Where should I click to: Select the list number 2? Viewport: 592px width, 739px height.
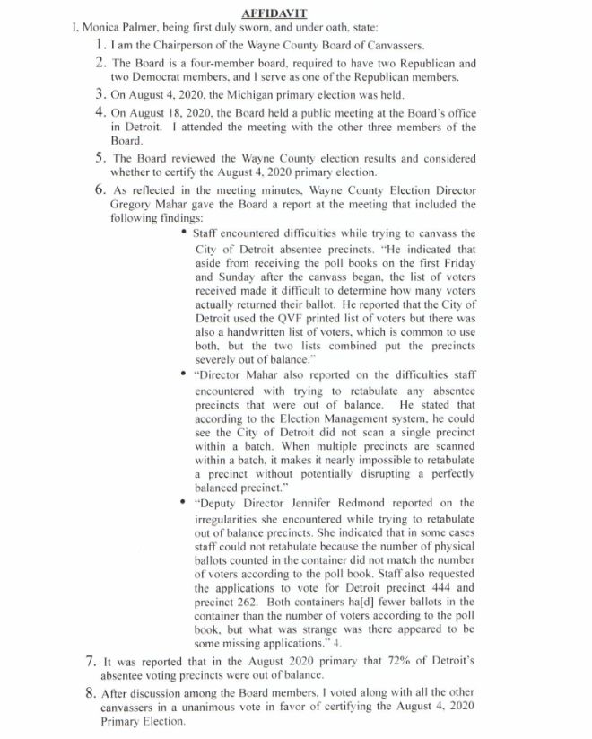pyautogui.click(x=100, y=64)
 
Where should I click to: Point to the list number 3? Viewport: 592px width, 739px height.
pyautogui.click(x=100, y=93)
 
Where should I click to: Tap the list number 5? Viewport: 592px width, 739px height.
pyautogui.click(x=100, y=158)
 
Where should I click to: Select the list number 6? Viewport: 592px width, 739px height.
pyautogui.click(x=100, y=190)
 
